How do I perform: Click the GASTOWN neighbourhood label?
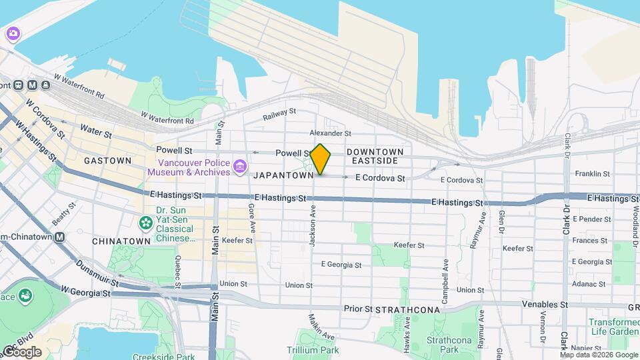click(x=107, y=161)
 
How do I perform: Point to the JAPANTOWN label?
click(x=283, y=175)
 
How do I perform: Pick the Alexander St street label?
click(x=330, y=133)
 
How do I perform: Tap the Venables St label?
click(x=545, y=305)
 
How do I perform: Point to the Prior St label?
click(x=357, y=309)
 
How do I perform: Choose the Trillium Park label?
click(x=313, y=350)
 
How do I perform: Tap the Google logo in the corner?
click(x=21, y=351)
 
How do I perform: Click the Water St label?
click(x=95, y=130)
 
